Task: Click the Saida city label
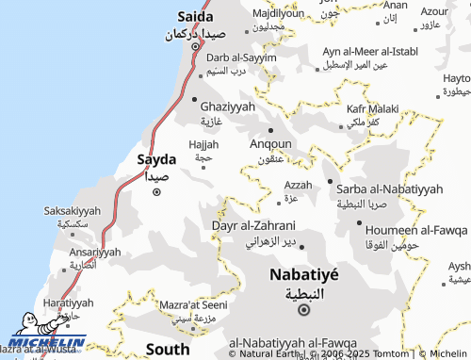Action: [x=195, y=17]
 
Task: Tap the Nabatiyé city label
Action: [x=304, y=274]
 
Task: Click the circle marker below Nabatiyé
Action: [x=304, y=309]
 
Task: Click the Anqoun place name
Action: [x=269, y=145]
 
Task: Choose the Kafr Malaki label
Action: [x=372, y=109]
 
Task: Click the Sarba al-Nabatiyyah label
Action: [x=389, y=189]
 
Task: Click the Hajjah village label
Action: [x=203, y=144]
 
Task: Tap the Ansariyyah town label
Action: [x=95, y=253]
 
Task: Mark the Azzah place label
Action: [x=298, y=185]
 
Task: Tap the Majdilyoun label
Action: [x=278, y=13]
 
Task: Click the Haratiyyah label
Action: [x=68, y=303]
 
